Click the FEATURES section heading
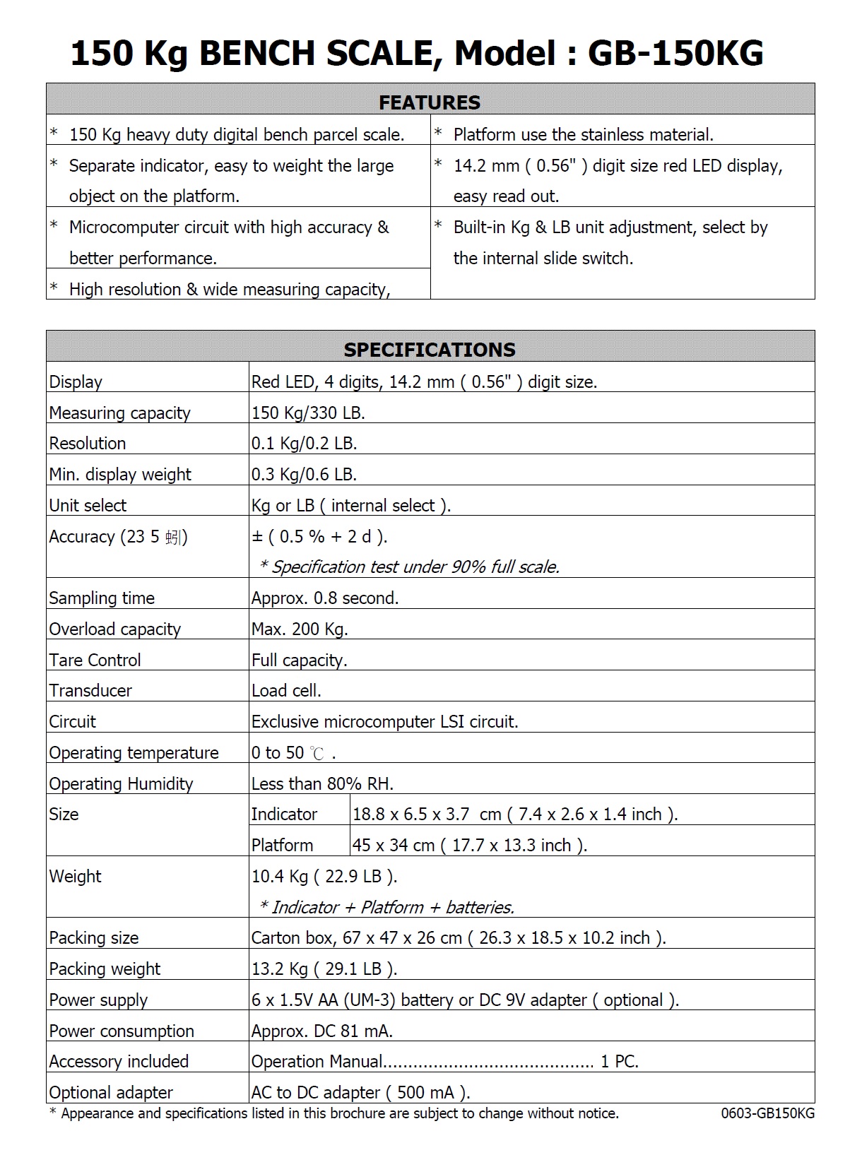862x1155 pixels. point(430,102)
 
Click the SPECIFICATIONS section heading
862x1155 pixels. point(430,350)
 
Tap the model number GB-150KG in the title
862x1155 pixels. point(675,54)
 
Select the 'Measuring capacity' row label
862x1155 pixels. point(119,413)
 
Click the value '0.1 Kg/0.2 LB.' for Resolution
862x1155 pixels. point(305,444)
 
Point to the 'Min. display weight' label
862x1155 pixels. point(120,475)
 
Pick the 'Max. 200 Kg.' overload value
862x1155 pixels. point(300,629)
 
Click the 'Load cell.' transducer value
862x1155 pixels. point(286,691)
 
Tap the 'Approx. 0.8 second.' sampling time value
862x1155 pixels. point(325,598)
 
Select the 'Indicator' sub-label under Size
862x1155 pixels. point(284,815)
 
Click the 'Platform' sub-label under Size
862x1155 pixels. point(282,846)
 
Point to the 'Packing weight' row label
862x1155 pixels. point(105,969)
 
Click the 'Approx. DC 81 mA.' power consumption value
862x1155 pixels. point(321,1031)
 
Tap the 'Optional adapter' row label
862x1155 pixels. point(111,1093)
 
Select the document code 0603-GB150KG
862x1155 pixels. point(767,1114)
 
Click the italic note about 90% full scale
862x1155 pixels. point(409,567)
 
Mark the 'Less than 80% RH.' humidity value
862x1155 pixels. point(322,784)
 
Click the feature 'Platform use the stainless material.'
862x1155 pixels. point(583,135)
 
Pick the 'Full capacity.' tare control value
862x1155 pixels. point(299,661)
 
